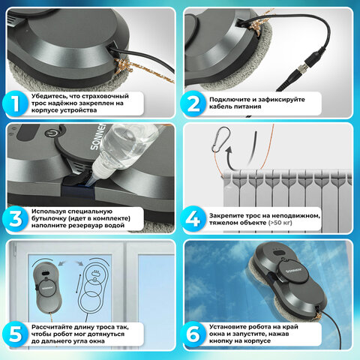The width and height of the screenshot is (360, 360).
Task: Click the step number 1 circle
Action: coord(15,103)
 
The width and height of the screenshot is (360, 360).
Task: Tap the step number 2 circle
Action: coord(193,103)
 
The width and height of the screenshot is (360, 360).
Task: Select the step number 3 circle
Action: coord(15,219)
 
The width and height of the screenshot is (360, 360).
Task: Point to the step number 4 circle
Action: coord(193,219)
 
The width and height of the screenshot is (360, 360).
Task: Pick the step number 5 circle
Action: coord(15,334)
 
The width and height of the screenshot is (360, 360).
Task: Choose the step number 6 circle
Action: coord(193,334)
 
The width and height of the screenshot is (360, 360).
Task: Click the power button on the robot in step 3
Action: coord(51,133)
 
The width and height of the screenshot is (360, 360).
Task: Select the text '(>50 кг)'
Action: coord(280,223)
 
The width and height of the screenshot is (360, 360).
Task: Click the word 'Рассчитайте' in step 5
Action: coord(49,327)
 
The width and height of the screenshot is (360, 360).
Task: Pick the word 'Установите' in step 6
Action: coord(226,327)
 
